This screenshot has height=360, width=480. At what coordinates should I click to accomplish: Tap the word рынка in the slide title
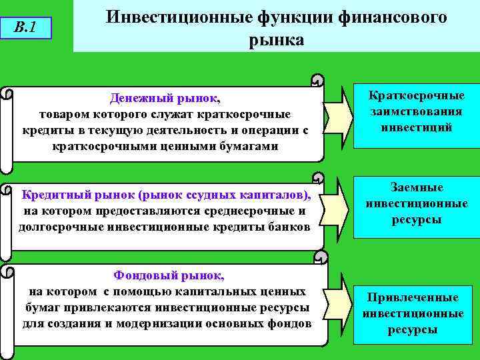click(276, 39)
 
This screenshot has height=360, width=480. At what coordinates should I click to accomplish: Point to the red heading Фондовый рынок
click(169, 275)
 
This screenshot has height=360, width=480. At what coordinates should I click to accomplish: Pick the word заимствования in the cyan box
click(417, 111)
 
